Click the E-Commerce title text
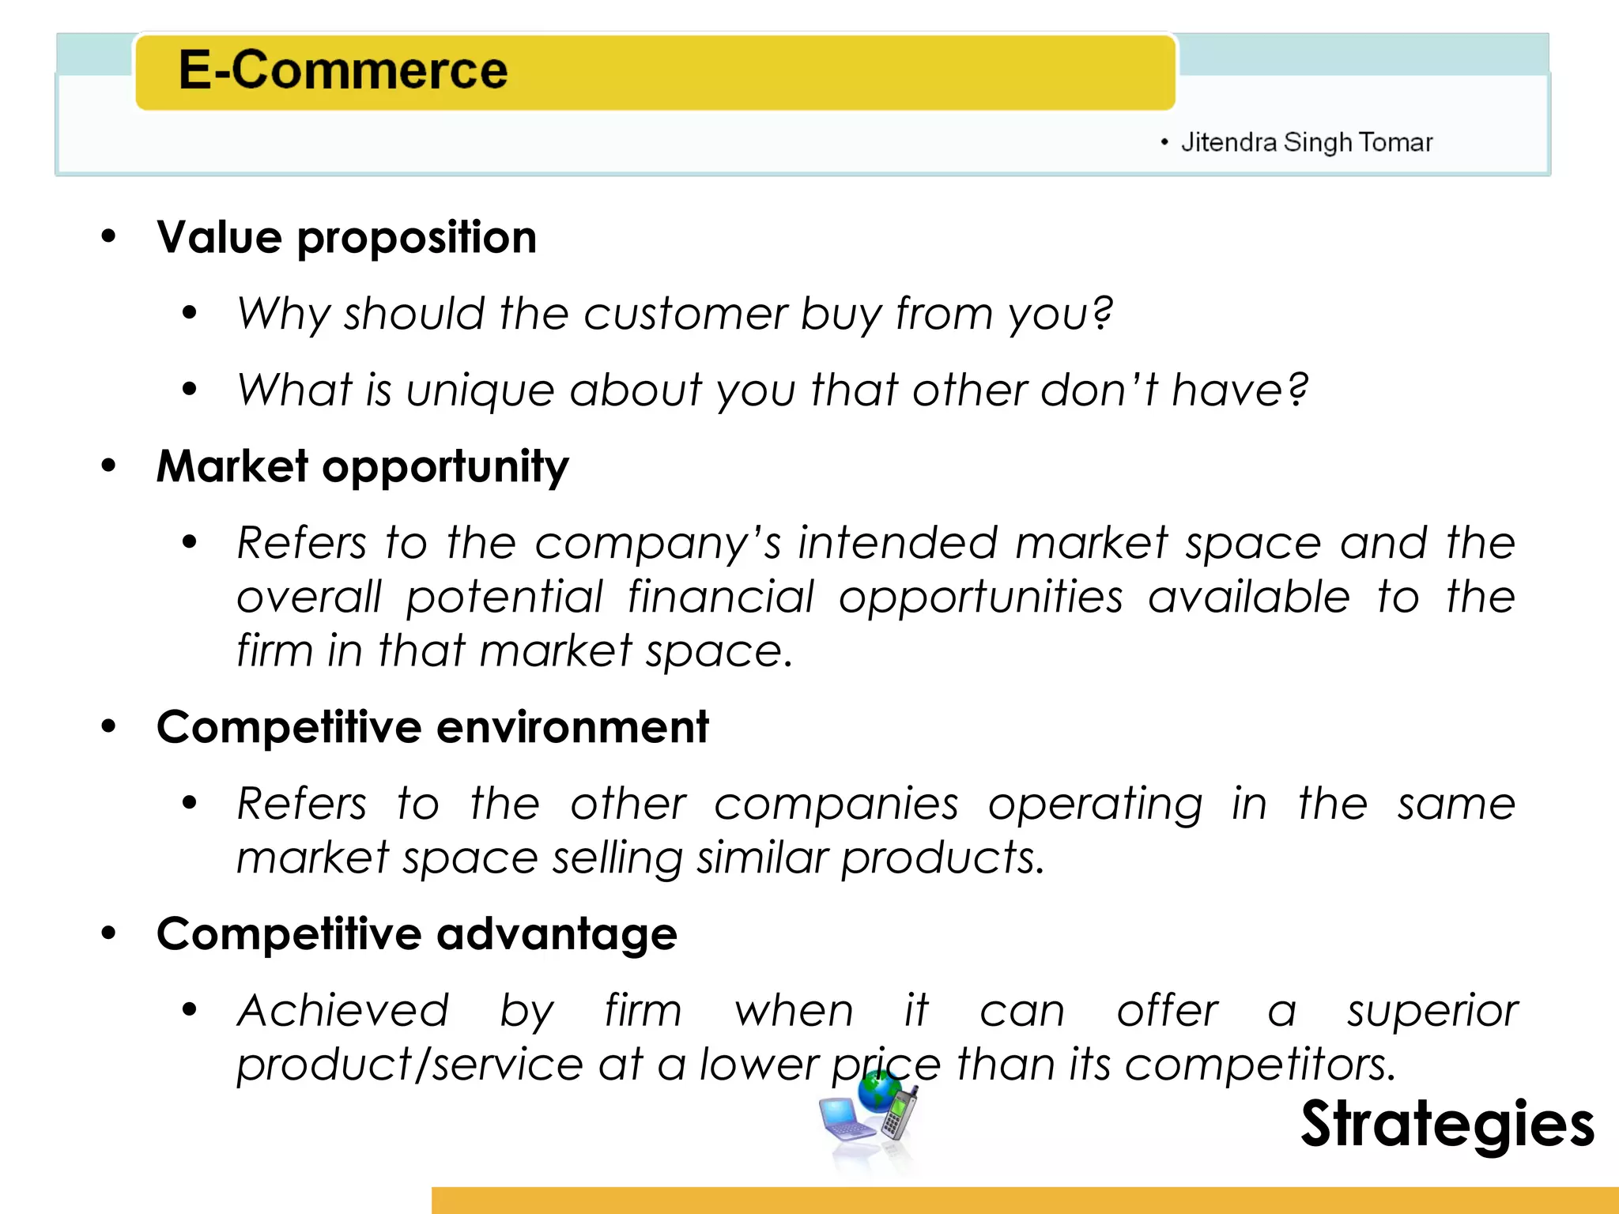342,70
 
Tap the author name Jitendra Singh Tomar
1306,142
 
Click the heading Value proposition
346,237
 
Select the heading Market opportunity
362,466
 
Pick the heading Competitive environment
432,727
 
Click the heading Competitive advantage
417,934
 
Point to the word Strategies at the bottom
1447,1123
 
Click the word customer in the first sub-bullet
685,314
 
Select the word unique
480,390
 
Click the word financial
720,597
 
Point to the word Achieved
342,1011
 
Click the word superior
1432,1011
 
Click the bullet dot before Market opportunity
108,466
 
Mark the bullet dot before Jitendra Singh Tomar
1164,142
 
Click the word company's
658,544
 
